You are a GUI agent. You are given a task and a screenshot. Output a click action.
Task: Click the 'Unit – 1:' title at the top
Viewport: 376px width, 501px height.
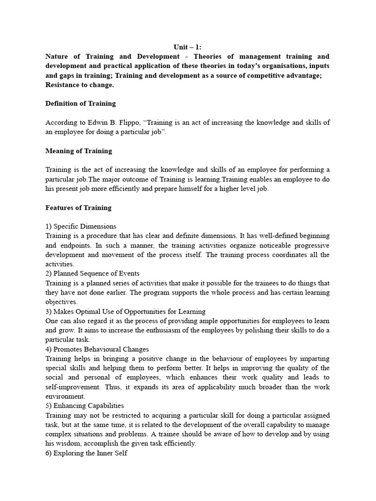[x=188, y=47]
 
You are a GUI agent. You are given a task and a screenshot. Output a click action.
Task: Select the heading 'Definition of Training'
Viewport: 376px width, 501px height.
[x=80, y=103]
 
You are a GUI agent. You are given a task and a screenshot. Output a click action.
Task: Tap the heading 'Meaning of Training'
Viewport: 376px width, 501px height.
[x=78, y=151]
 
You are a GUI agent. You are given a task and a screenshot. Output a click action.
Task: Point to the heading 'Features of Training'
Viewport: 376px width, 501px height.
[x=78, y=207]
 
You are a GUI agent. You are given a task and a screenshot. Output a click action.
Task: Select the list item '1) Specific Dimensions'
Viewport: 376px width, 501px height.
[x=81, y=227]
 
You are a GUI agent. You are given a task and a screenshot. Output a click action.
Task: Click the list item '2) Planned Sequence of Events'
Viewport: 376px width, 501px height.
[x=93, y=273]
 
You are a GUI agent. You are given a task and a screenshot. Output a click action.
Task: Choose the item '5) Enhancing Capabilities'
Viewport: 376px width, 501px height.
[x=84, y=406]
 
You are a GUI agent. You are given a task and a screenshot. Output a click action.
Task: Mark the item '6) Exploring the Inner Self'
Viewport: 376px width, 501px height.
[x=86, y=453]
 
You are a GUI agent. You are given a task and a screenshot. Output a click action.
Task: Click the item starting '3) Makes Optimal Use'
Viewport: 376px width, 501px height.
[x=125, y=312]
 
